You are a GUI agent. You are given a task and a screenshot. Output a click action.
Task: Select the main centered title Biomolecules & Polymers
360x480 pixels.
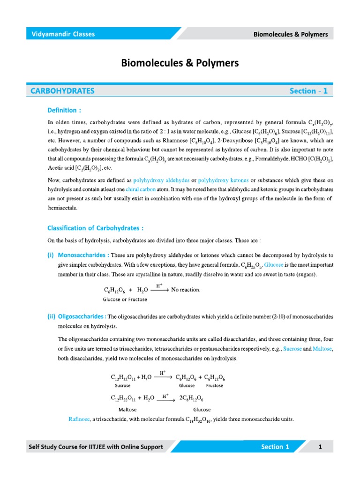coord(180,63)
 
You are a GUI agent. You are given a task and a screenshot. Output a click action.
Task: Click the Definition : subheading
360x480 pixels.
coord(65,111)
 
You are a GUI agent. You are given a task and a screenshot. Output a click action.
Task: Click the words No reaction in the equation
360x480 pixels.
coord(186,290)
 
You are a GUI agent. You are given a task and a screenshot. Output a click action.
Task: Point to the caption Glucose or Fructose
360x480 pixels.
coord(125,299)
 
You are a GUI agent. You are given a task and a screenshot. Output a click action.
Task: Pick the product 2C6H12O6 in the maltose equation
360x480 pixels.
coord(192,398)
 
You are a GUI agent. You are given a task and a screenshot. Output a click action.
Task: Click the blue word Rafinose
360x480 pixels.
coord(80,420)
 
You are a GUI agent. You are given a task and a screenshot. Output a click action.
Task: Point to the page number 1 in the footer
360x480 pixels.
coord(321,447)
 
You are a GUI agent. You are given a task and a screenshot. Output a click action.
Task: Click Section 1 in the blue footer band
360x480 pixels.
coord(272,447)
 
